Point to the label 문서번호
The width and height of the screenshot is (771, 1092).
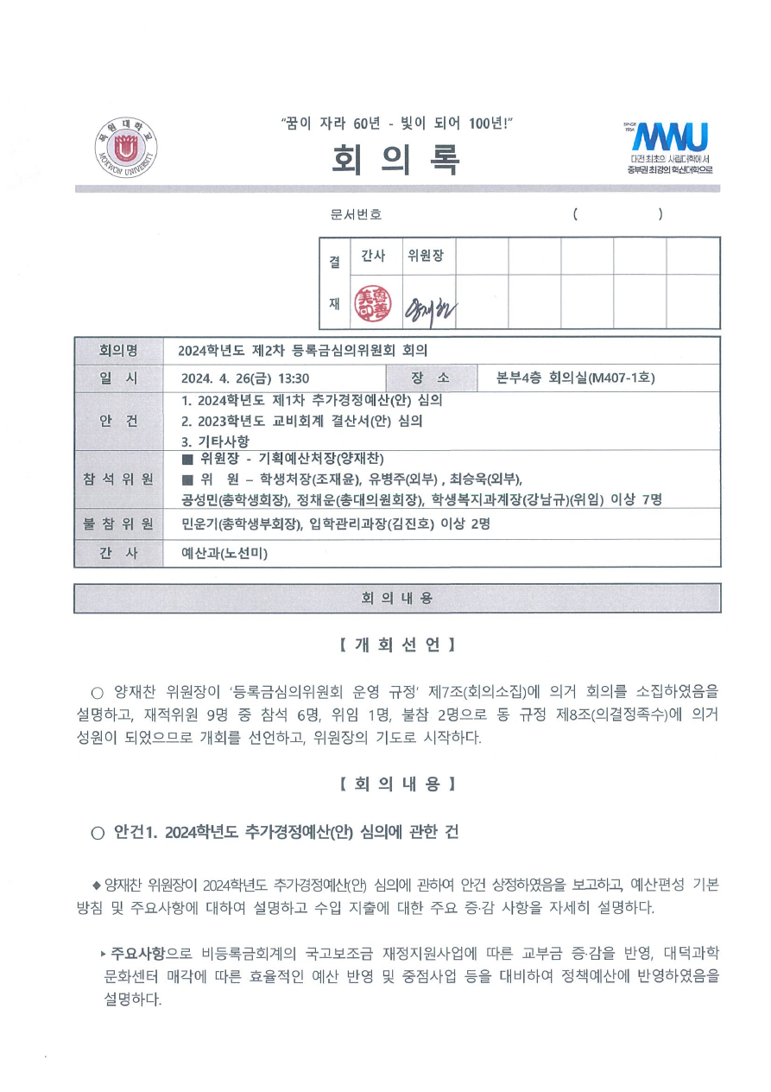[x=356, y=214]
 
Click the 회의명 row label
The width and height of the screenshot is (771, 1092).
[x=118, y=351]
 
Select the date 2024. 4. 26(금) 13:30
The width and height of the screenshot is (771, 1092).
[x=245, y=378]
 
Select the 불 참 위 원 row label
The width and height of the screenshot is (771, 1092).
[x=118, y=524]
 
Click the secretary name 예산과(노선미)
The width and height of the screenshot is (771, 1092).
[x=224, y=554]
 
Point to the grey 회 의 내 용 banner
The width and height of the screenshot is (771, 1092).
[x=396, y=598]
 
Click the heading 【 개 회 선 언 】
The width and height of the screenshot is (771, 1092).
[x=396, y=645]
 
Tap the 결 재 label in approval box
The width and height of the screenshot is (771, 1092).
[x=335, y=283]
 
